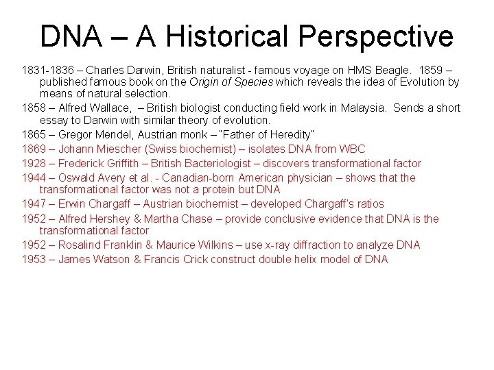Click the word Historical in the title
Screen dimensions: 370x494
pos(213,36)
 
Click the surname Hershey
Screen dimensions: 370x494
pos(112,219)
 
